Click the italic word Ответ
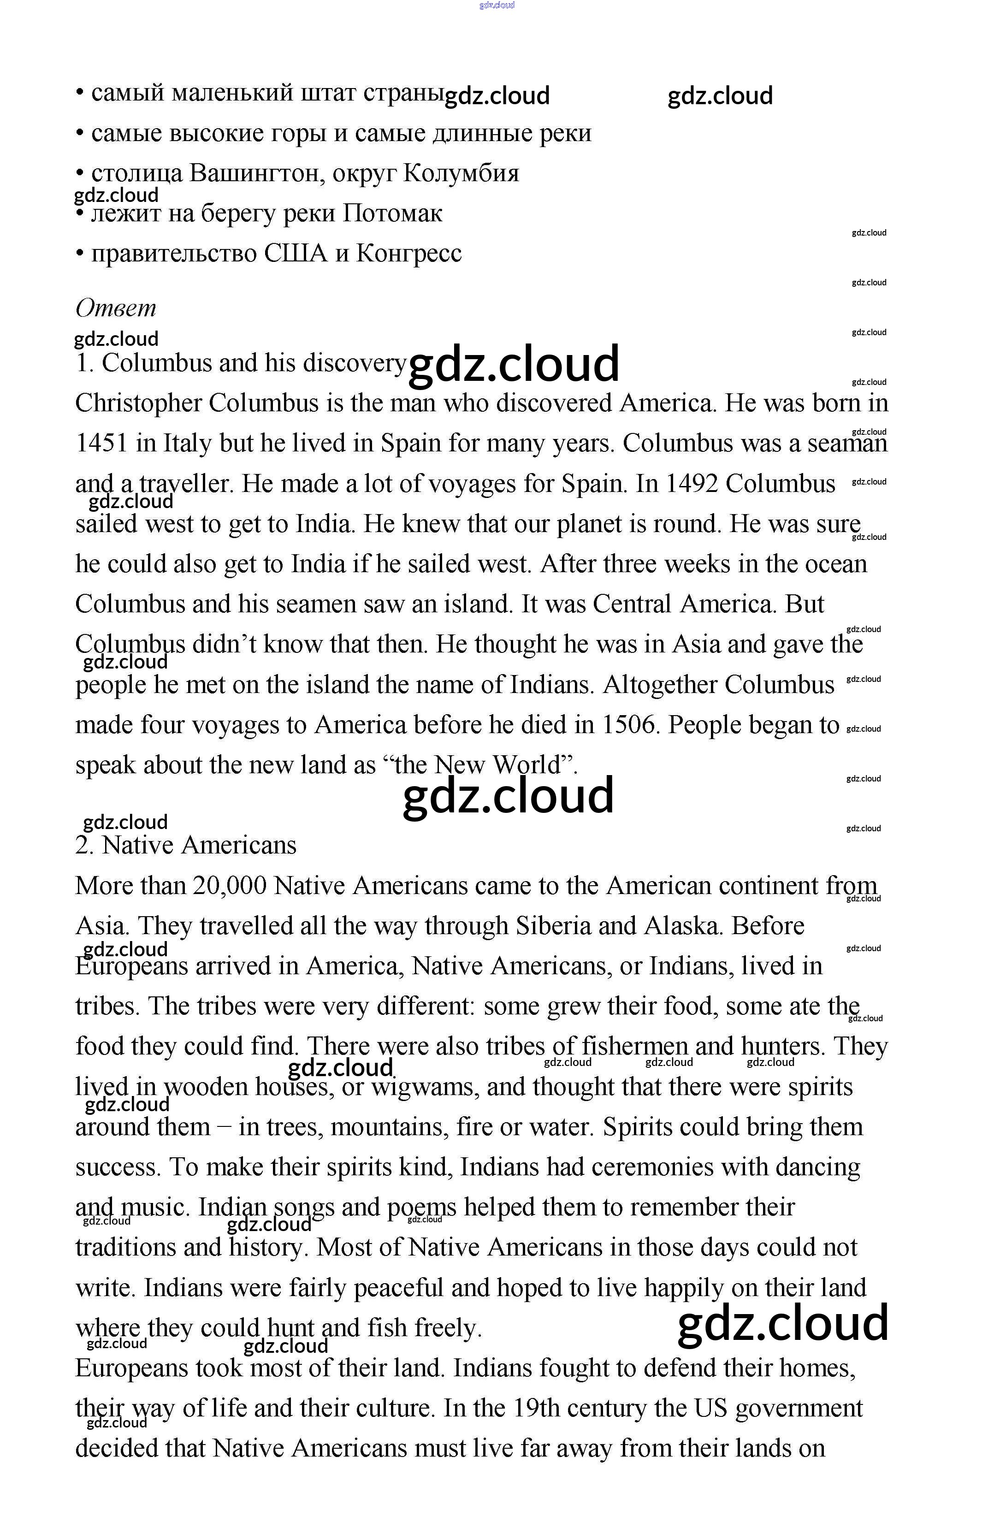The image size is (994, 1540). [x=116, y=308]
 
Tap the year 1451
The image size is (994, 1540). [x=100, y=444]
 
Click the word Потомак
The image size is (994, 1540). [x=392, y=213]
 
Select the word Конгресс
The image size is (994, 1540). [x=408, y=254]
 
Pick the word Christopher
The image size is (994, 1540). [x=137, y=404]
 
